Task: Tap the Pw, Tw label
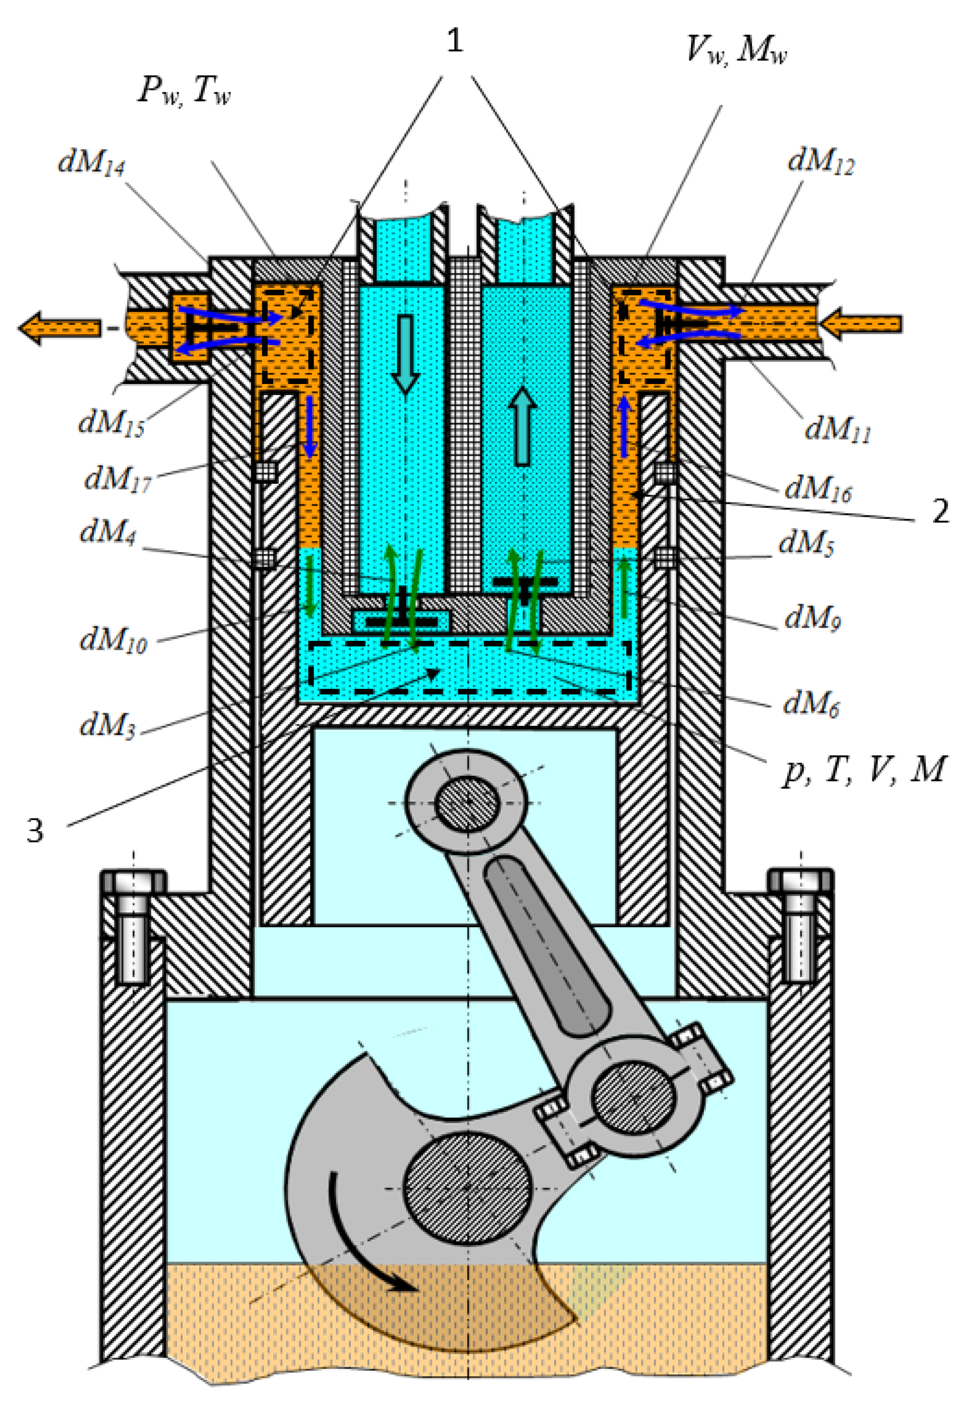184,92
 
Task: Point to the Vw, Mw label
736,50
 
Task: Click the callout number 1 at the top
455,41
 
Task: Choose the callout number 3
35,831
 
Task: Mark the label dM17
117,479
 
